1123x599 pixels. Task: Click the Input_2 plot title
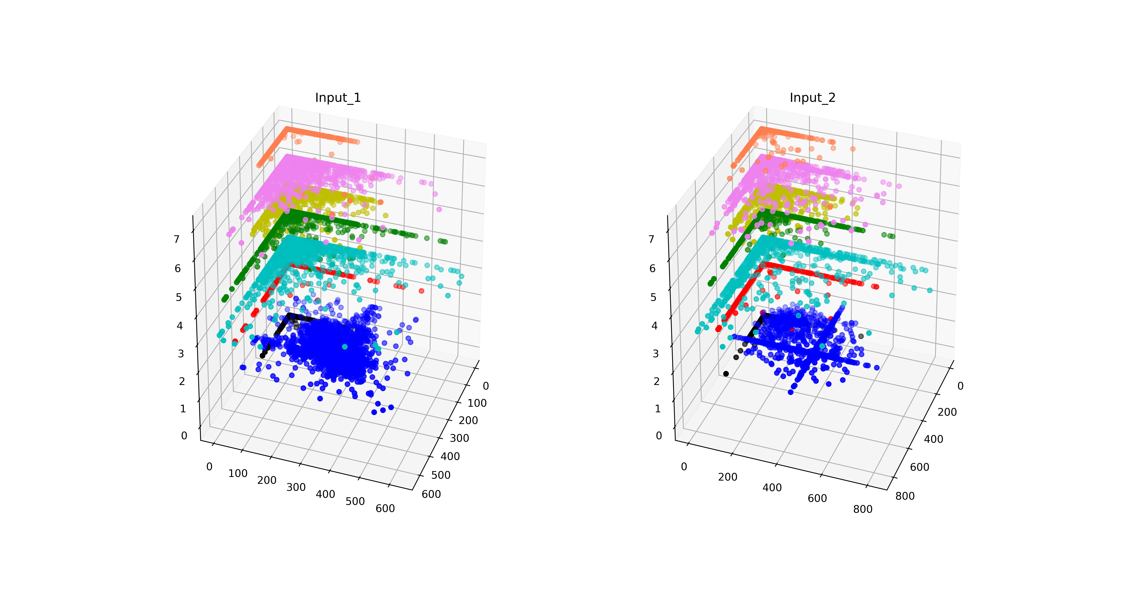tap(813, 98)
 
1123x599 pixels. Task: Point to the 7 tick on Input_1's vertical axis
tap(177, 239)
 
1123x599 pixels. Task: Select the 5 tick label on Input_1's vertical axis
tap(179, 297)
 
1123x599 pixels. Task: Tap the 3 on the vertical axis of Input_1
tap(181, 354)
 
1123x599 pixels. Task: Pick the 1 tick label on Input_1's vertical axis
tap(183, 408)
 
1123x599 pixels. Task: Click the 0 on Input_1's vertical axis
tap(184, 436)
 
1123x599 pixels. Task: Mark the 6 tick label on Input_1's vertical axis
tap(177, 269)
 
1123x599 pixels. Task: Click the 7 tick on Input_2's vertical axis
tap(651, 239)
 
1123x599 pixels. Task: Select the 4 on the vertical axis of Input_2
tap(654, 326)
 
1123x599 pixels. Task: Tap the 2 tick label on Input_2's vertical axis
tap(657, 381)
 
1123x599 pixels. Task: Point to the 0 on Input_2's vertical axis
tap(659, 436)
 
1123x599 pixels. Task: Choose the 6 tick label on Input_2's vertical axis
tap(652, 269)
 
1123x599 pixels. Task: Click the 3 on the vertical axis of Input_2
tap(656, 354)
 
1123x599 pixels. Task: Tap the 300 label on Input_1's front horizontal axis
tap(296, 487)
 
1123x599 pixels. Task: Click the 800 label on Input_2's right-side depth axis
tap(905, 496)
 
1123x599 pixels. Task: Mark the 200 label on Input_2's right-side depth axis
tap(947, 412)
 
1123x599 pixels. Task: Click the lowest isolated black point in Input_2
tap(726, 374)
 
